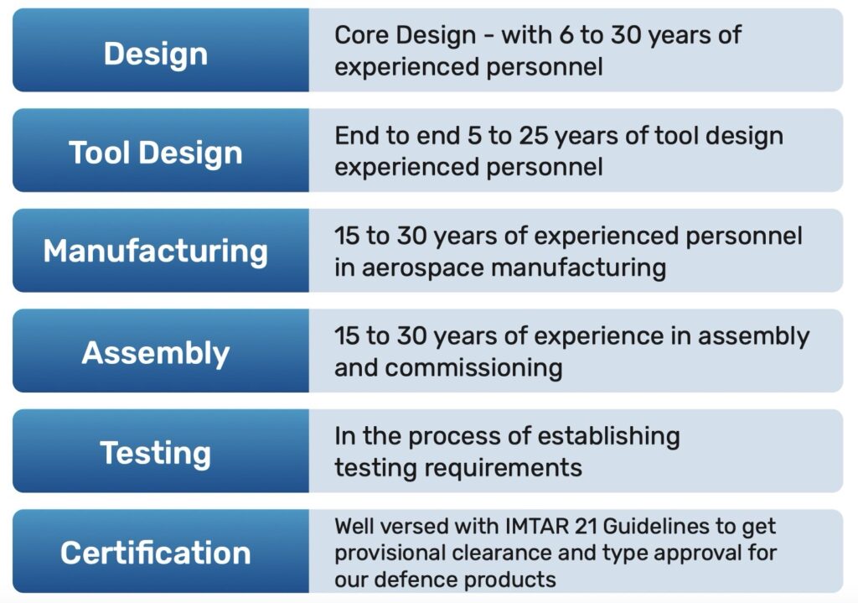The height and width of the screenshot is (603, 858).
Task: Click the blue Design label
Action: click(x=156, y=55)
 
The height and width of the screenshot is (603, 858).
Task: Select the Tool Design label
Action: click(x=156, y=153)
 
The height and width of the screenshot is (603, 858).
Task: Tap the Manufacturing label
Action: click(x=156, y=252)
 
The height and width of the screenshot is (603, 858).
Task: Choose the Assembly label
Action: click(x=156, y=353)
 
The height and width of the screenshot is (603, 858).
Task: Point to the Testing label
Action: click(x=156, y=454)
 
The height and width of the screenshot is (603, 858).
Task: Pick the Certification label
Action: click(x=156, y=553)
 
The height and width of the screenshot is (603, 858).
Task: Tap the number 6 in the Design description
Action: click(x=566, y=35)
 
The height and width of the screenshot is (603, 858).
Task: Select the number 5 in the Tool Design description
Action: click(x=474, y=135)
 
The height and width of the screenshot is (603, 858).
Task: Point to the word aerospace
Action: click(x=423, y=269)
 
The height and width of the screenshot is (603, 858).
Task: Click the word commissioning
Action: click(x=474, y=368)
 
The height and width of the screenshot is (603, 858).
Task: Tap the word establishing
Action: click(x=609, y=436)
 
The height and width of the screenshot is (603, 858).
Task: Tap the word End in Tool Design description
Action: click(x=354, y=135)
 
